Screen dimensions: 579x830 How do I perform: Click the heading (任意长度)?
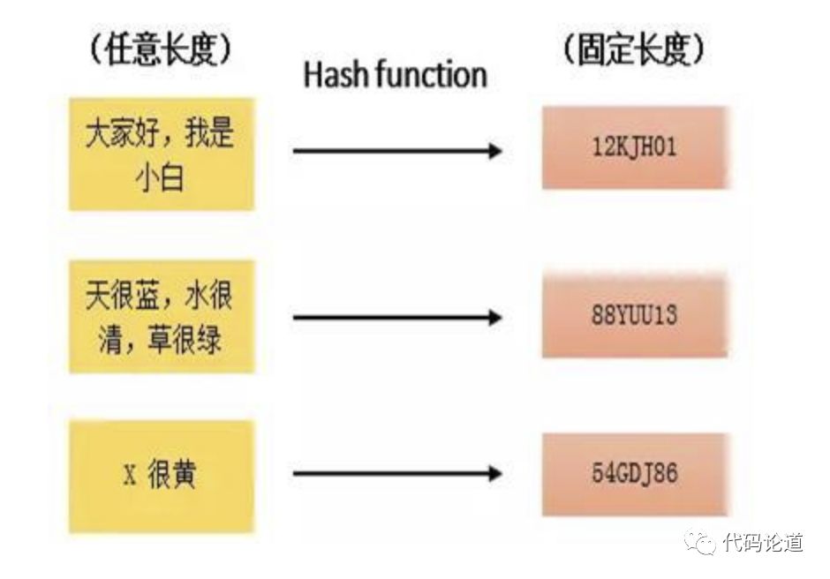click(x=161, y=52)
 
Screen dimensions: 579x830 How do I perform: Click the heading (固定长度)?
click(x=634, y=52)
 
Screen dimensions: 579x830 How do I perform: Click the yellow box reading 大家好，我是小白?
click(x=162, y=154)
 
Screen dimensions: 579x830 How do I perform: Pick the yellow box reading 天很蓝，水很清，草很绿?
click(x=162, y=316)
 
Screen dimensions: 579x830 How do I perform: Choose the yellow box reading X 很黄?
click(x=162, y=477)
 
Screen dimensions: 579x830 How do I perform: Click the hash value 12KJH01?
click(x=634, y=147)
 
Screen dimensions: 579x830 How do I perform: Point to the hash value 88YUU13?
click(x=634, y=316)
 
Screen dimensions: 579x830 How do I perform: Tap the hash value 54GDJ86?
click(x=634, y=474)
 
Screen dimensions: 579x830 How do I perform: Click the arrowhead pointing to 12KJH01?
click(x=495, y=151)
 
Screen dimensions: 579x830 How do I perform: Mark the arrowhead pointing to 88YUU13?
click(x=495, y=317)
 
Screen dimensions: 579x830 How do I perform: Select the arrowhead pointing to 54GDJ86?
click(x=495, y=474)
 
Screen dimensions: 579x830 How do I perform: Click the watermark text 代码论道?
click(x=762, y=541)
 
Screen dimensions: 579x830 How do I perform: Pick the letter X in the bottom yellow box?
click(x=130, y=477)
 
